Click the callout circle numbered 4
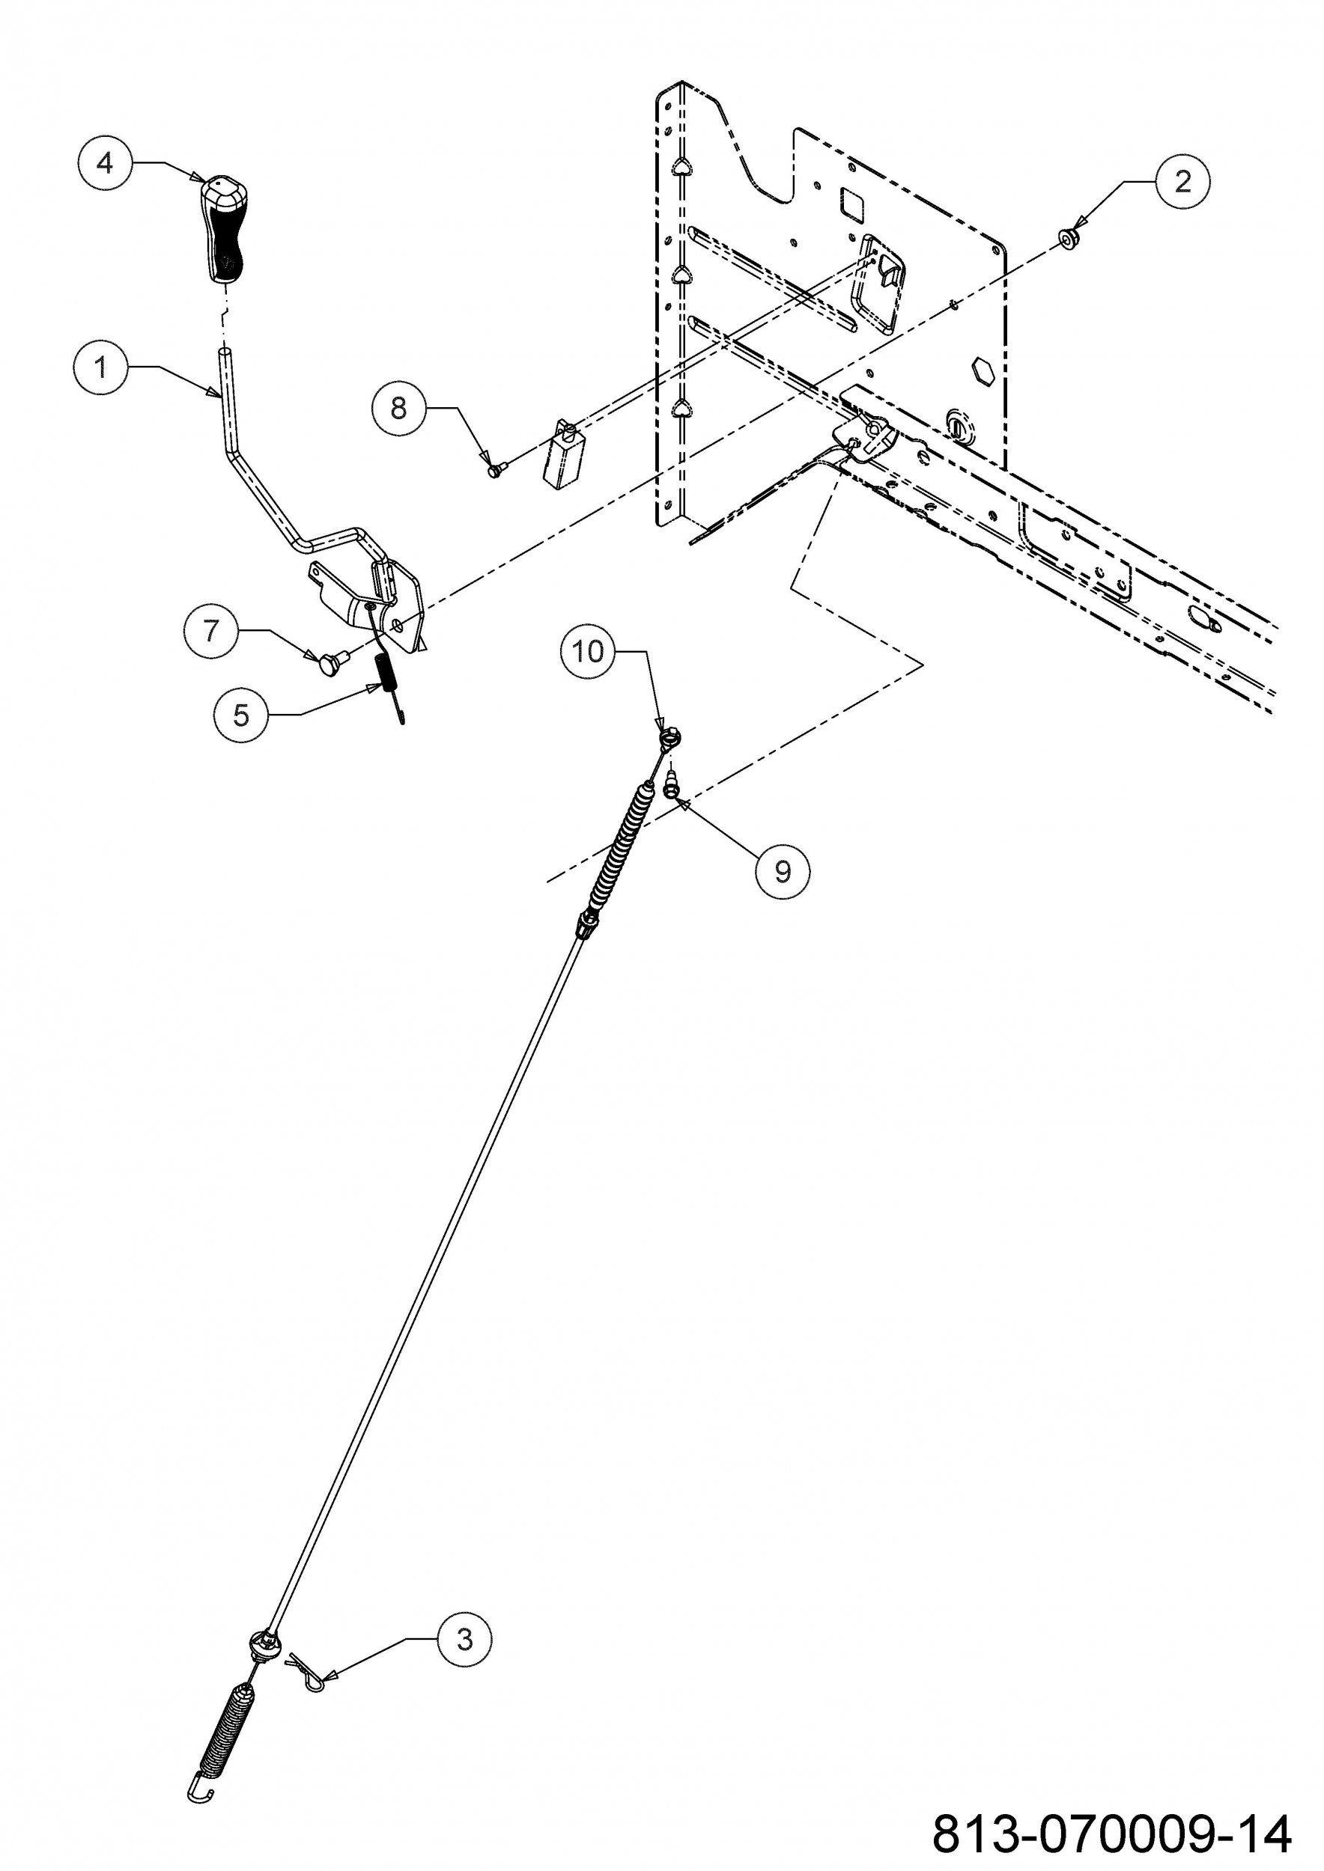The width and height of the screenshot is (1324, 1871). point(105,163)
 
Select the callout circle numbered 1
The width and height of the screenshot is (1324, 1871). point(100,367)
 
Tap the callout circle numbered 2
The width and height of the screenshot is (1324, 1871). point(1182,181)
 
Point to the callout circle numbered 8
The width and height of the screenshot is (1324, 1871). point(398,409)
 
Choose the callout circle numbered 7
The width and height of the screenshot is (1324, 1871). point(211,631)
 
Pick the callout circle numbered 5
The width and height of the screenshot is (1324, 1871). point(240,715)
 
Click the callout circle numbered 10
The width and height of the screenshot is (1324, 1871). point(588,651)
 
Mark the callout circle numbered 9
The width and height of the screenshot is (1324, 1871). point(783,872)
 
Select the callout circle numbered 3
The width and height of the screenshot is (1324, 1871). point(465,1639)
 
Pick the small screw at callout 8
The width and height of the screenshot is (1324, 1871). point(495,468)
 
